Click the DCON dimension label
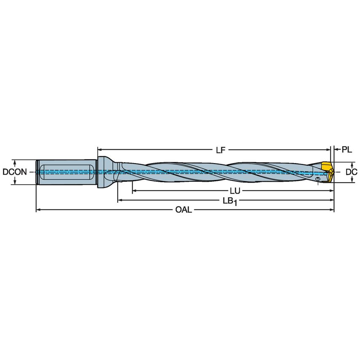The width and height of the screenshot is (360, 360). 15,172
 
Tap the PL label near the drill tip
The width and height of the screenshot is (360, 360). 347,149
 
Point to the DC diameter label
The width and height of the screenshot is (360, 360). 352,172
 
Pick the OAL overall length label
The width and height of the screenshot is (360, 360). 184,210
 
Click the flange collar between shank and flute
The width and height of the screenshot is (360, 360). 103,172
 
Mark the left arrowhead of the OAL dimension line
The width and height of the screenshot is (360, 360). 38,210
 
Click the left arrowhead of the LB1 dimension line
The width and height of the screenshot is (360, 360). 120,200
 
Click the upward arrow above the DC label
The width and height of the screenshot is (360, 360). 352,164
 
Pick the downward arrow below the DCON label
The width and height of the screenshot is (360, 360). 15,182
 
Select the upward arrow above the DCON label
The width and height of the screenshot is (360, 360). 15,162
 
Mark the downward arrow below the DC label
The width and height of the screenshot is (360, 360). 352,180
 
